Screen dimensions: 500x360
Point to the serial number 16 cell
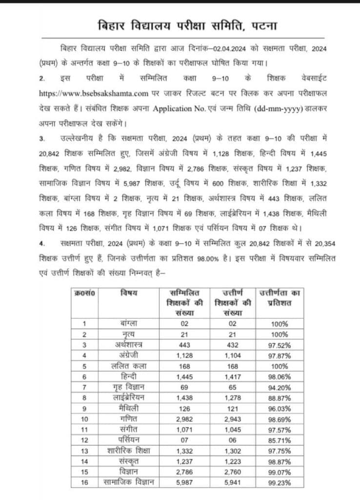coord(84,483)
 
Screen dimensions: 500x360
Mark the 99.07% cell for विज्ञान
coord(280,472)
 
